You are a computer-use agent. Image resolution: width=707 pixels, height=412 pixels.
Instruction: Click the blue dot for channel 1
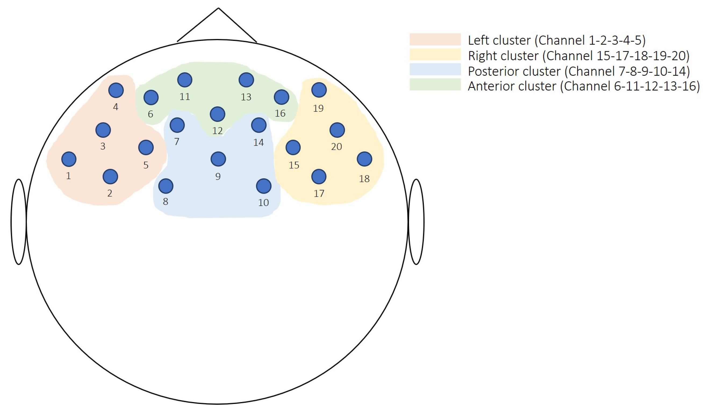point(69,159)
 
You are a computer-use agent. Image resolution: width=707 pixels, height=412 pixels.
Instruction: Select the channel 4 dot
point(116,90)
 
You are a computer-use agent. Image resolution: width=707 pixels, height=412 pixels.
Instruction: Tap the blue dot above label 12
point(217,114)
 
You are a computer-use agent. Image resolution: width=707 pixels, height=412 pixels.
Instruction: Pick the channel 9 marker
point(218,159)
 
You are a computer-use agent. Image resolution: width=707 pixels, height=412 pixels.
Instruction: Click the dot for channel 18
point(364,159)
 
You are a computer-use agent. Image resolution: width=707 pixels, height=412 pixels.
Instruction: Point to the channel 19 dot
point(319,90)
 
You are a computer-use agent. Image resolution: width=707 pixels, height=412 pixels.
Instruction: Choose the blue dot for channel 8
point(166,186)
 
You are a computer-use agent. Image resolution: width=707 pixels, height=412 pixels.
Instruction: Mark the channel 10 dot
point(264,186)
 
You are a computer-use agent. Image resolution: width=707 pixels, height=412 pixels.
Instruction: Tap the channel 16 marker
point(281,97)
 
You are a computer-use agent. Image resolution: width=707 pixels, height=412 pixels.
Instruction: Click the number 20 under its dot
point(336,146)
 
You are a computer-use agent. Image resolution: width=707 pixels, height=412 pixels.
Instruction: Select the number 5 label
point(146,165)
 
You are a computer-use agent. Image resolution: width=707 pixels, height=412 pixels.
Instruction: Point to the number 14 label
point(259,142)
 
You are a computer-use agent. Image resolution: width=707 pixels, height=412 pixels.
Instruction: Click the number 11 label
point(185,96)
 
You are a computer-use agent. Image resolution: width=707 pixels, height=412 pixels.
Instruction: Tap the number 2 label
point(110,193)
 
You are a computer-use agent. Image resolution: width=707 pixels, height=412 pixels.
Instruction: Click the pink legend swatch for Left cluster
point(435,39)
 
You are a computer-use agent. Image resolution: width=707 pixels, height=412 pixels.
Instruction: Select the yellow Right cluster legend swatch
point(435,55)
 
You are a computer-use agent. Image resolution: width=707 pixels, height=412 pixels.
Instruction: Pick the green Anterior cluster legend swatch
point(435,84)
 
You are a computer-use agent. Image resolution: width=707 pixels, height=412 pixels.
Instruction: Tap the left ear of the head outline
point(19,222)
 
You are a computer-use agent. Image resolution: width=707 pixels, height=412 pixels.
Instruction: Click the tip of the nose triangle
point(218,8)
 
